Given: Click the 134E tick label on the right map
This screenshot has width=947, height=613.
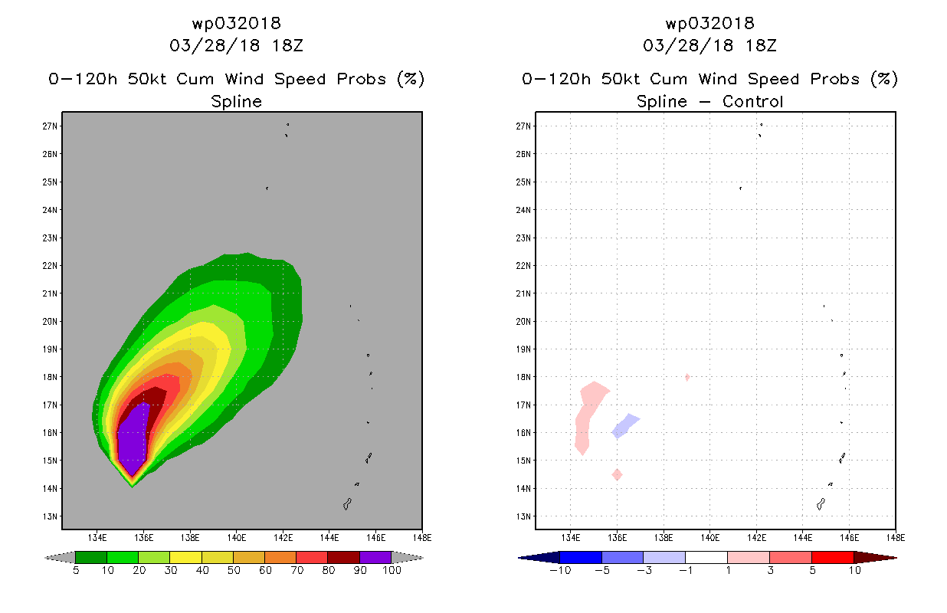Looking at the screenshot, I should (571, 537).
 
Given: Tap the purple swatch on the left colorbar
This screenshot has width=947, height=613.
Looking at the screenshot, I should (375, 557).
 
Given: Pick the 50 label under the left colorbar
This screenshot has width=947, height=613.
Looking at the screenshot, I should (233, 570).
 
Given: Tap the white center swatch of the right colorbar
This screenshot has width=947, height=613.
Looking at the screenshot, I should (706, 557).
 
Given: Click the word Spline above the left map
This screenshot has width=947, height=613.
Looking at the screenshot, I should (236, 101).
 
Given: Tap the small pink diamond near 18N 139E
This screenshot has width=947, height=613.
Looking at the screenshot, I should (687, 377).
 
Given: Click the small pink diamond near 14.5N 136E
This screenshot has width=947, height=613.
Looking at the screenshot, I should (617, 475).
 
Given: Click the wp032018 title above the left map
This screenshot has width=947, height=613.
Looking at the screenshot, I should (236, 23).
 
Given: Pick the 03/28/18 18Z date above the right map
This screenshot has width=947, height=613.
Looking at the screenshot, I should (709, 45).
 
